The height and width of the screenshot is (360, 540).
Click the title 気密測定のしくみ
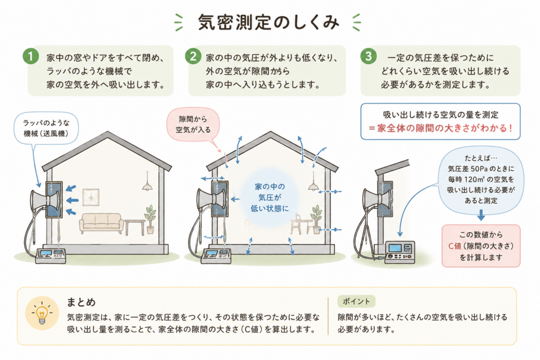[268, 23]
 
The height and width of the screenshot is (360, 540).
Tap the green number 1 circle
[31, 56]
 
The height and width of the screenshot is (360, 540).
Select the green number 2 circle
[193, 56]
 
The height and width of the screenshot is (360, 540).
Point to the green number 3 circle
[369, 56]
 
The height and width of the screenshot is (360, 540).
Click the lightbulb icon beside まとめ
[42, 314]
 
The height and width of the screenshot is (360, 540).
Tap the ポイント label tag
[356, 301]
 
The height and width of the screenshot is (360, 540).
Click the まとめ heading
[81, 302]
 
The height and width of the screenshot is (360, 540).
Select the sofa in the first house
[101, 223]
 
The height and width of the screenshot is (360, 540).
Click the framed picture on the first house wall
[91, 197]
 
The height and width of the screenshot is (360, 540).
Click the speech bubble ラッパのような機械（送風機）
[46, 128]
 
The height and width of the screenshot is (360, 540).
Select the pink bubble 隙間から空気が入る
[193, 124]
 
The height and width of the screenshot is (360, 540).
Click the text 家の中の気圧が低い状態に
[269, 198]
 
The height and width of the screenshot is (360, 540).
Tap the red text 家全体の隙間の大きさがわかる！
[440, 128]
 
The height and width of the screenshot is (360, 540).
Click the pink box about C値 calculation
[481, 246]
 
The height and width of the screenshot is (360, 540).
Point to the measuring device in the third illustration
[400, 252]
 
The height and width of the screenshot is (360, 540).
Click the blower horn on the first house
[45, 201]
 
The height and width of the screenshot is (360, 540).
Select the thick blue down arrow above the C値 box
[481, 215]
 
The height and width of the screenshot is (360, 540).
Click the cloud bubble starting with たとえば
[481, 179]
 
